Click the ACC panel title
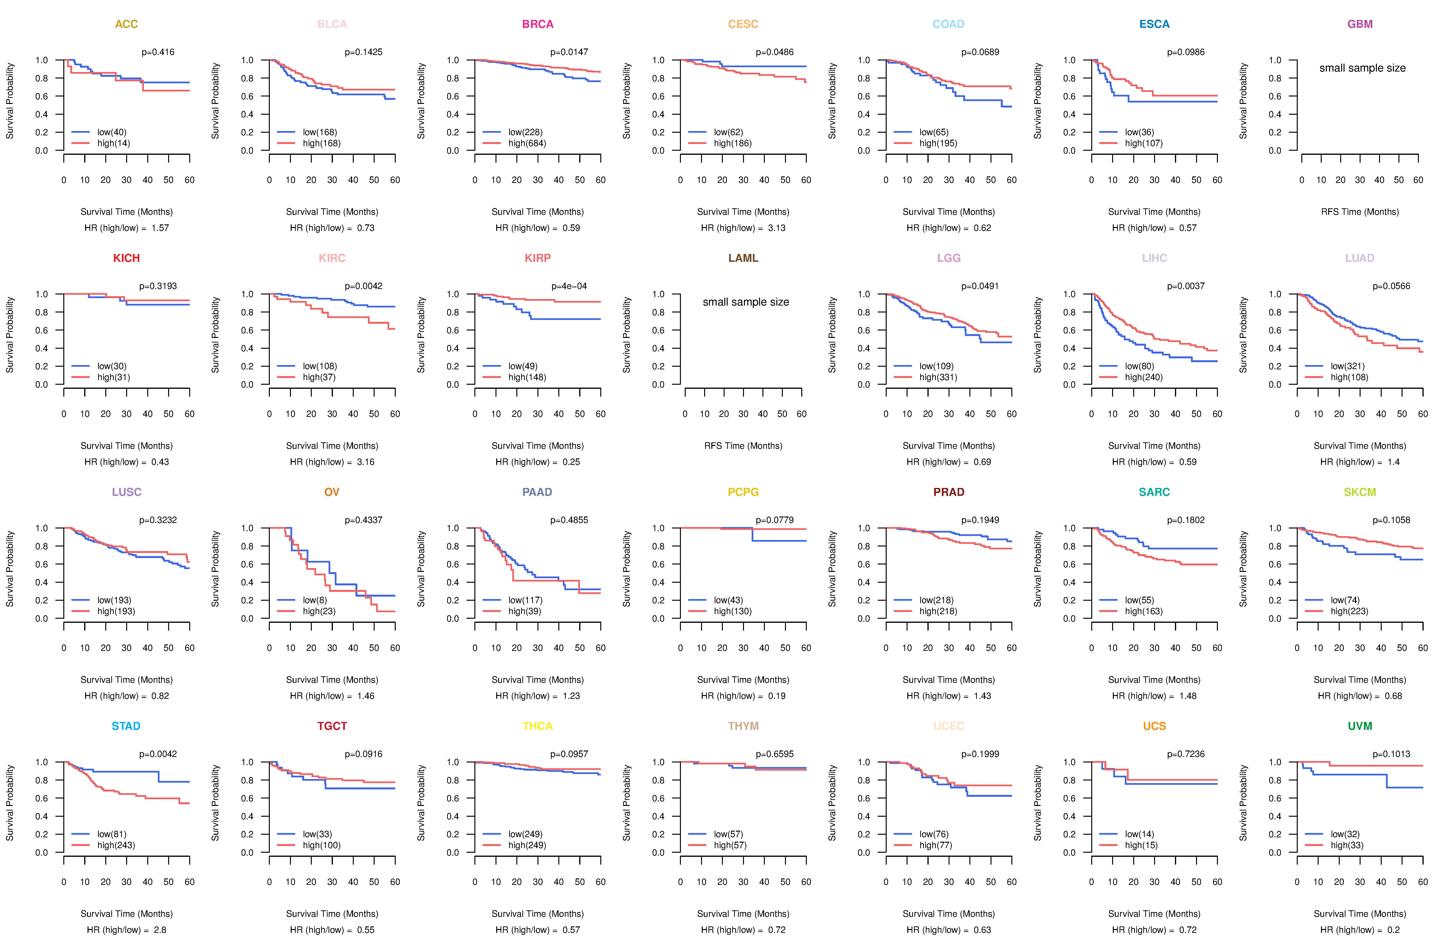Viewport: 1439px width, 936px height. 126,24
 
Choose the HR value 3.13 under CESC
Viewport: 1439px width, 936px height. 776,228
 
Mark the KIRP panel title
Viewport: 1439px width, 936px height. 537,258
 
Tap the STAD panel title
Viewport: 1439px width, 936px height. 126,726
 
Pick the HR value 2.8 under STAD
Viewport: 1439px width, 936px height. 160,930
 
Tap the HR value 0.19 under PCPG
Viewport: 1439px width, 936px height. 776,696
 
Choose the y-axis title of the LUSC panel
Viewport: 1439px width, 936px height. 10,569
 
